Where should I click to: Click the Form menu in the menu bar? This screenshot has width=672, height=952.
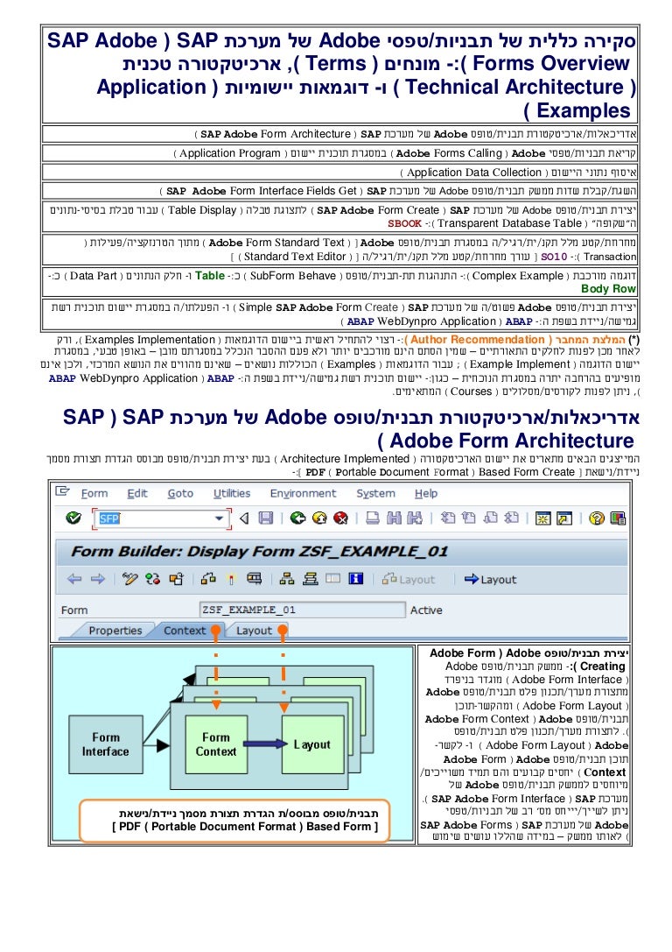pyautogui.click(x=94, y=493)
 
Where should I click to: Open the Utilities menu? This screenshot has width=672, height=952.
pyautogui.click(x=232, y=493)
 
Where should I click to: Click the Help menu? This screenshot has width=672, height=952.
pyautogui.click(x=425, y=493)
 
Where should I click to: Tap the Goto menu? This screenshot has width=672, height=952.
pyautogui.click(x=180, y=493)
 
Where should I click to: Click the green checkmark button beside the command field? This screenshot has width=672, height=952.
pyautogui.click(x=73, y=518)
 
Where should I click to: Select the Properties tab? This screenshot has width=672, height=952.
pyautogui.click(x=115, y=631)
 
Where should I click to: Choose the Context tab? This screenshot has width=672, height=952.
pyautogui.click(x=185, y=631)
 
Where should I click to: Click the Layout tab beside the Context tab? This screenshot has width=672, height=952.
pyautogui.click(x=254, y=631)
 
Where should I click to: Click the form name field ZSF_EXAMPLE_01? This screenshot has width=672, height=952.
pyautogui.click(x=302, y=610)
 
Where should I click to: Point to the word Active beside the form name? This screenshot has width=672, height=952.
pyautogui.click(x=426, y=610)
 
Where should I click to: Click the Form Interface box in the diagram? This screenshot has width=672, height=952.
pyautogui.click(x=105, y=744)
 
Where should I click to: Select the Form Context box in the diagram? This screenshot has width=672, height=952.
pyautogui.click(x=215, y=744)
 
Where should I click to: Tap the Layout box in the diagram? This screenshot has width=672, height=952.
pyautogui.click(x=311, y=744)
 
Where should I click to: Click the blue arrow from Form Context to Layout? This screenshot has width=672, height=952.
pyautogui.click(x=270, y=745)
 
